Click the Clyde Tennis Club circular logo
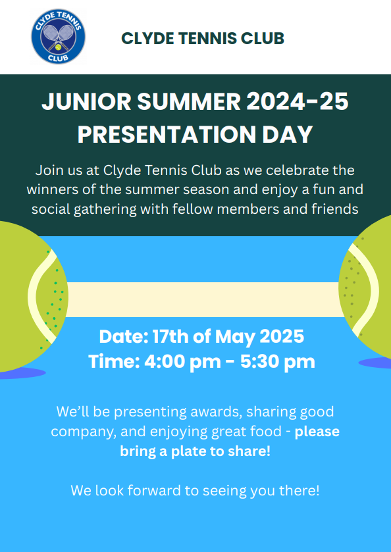[58, 37]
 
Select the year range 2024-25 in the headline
[298, 102]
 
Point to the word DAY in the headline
[288, 134]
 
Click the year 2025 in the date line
[282, 337]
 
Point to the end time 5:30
[260, 362]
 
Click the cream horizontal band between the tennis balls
[203, 299]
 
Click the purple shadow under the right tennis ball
[375, 363]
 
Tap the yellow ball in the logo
[58, 47]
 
